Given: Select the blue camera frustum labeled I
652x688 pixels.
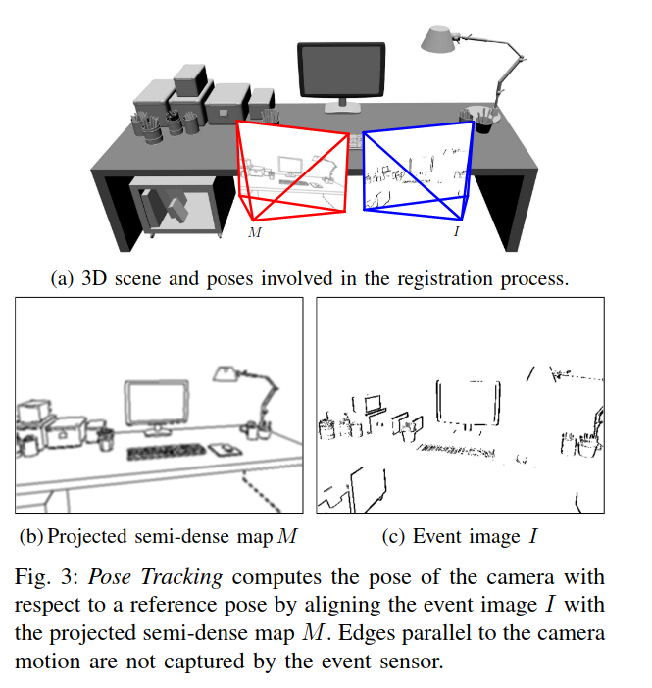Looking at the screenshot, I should coord(418,172).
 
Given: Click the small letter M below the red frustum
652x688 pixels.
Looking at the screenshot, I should coord(253,232).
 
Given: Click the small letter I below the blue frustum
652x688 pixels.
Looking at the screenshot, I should coord(457,231).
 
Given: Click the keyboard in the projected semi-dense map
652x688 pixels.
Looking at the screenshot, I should coord(165,453).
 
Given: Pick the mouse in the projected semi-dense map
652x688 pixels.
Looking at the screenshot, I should coord(224,449).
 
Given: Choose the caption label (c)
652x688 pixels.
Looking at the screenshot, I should coord(394,536).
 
